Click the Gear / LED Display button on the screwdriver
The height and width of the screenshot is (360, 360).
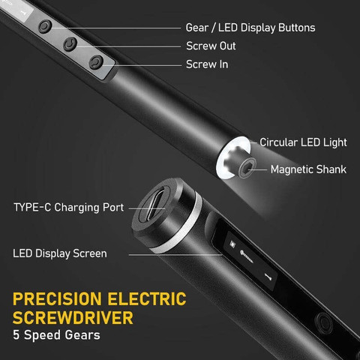click(45, 26)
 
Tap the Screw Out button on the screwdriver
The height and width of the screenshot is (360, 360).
click(70, 44)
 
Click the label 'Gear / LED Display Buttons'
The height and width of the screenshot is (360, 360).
click(250, 28)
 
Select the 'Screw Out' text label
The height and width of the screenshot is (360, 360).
click(211, 46)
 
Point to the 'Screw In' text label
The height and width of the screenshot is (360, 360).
click(207, 64)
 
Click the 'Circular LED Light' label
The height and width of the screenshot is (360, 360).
click(303, 142)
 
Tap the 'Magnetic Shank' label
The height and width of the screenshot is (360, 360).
click(308, 169)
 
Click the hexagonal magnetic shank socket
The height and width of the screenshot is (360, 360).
click(247, 167)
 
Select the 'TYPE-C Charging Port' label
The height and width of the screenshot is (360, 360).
click(69, 208)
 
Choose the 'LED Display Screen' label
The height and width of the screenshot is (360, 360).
click(60, 253)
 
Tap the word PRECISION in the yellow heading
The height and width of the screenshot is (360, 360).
click(57, 299)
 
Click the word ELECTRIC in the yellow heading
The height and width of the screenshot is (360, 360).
click(147, 299)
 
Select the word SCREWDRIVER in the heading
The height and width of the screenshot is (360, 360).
click(73, 318)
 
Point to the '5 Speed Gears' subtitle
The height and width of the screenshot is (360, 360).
click(56, 335)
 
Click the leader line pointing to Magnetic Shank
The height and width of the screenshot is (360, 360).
click(257, 169)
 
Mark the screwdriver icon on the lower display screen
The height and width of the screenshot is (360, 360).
click(268, 277)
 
